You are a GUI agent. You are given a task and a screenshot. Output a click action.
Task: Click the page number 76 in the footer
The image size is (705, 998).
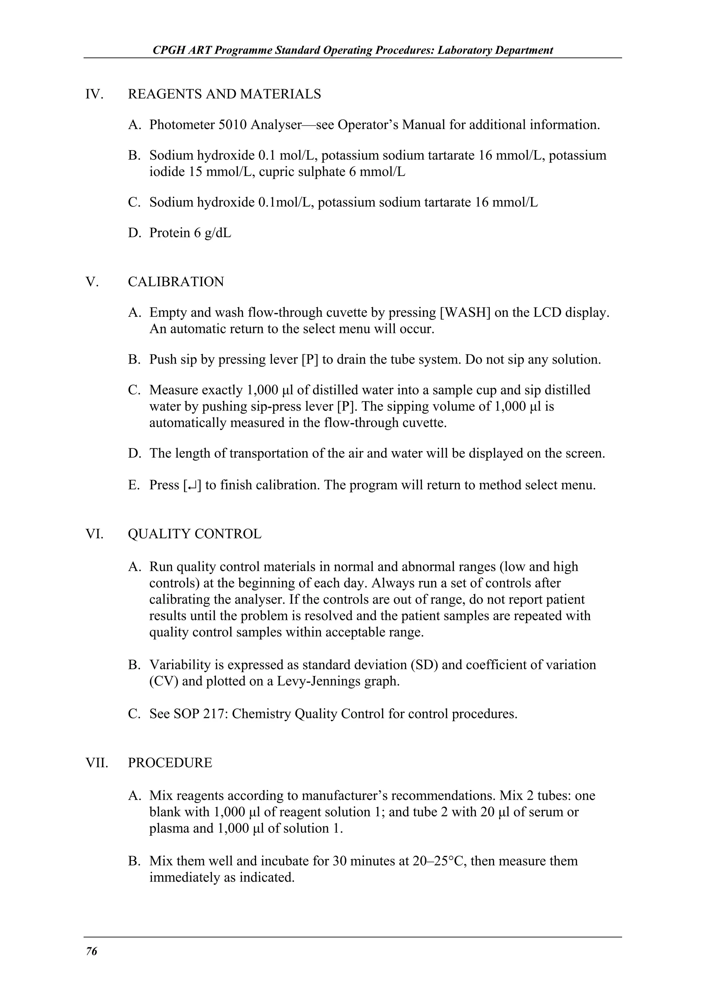[92, 952]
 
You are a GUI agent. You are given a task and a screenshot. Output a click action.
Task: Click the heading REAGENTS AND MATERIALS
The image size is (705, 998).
[224, 94]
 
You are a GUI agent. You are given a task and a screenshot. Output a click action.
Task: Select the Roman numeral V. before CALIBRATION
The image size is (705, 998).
[92, 282]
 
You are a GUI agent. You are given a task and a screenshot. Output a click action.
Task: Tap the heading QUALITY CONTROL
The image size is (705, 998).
[194, 534]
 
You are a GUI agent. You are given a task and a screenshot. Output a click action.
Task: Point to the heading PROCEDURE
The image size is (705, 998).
[170, 762]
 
